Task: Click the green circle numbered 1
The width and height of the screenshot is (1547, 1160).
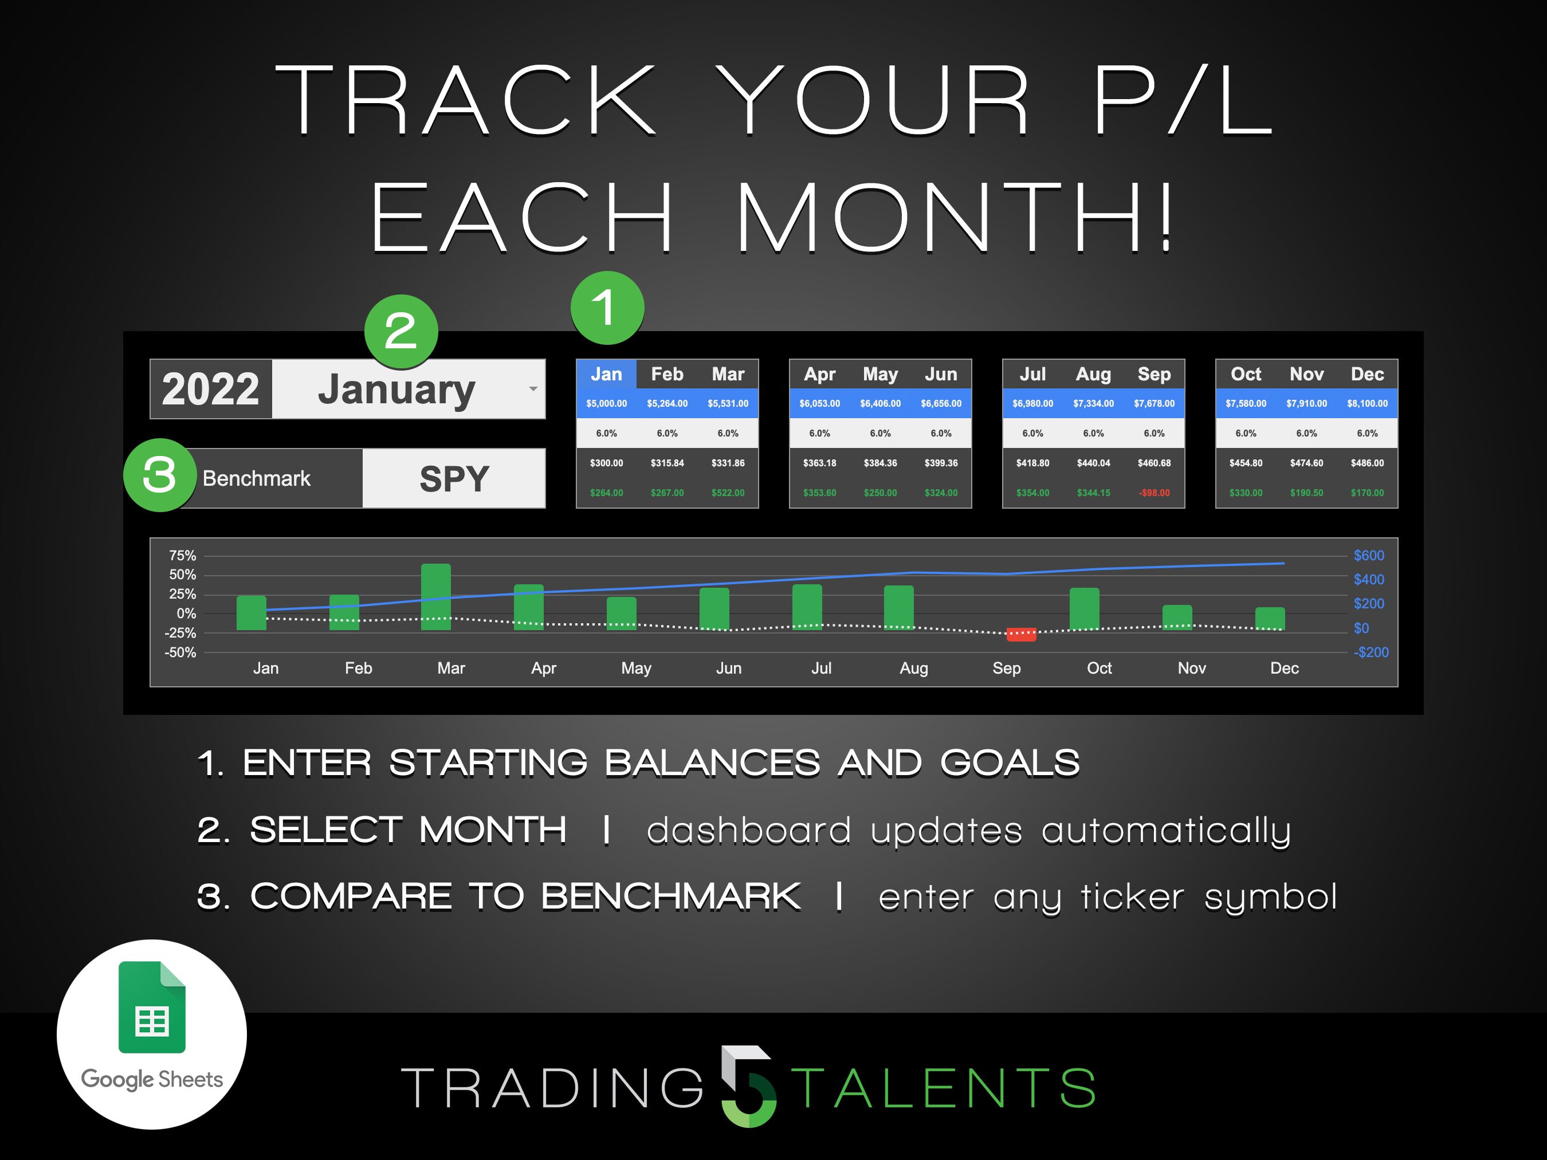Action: (x=607, y=308)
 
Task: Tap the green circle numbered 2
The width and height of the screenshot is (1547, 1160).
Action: (x=401, y=332)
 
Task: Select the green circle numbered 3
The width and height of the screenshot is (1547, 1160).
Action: (x=159, y=475)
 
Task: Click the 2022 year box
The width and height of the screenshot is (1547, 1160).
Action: (x=210, y=390)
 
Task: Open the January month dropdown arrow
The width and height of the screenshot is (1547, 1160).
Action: (x=533, y=389)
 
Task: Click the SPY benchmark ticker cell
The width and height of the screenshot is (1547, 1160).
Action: (x=454, y=479)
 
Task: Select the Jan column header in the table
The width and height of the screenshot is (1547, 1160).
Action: (x=606, y=374)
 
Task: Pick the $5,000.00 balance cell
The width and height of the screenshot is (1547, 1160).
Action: (x=606, y=403)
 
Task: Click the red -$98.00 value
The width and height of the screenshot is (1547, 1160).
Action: (x=1154, y=493)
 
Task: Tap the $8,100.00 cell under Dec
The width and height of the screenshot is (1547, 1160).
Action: (x=1367, y=403)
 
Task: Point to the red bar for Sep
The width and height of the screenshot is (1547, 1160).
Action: (x=1021, y=634)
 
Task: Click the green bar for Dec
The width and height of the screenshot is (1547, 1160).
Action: (x=1270, y=618)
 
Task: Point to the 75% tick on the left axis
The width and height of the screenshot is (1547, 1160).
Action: (x=183, y=556)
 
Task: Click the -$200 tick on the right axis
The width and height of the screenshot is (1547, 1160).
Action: (x=1371, y=652)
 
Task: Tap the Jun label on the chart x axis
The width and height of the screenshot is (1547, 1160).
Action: (x=729, y=669)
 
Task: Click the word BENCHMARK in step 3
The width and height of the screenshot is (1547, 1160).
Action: (x=671, y=896)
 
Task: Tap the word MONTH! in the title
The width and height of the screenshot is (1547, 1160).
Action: (x=955, y=217)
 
